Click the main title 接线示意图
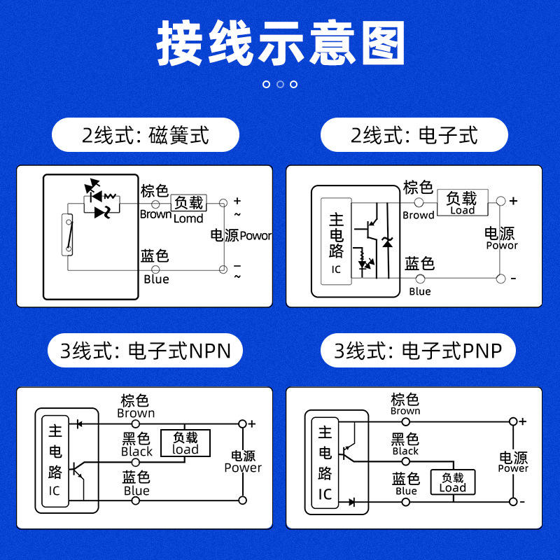pos(280,43)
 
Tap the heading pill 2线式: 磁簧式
pos(146,134)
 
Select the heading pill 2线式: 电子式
pos(414,134)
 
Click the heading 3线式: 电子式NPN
pos(145,350)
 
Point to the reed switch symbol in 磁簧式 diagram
pos(67,234)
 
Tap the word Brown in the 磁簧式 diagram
pos(155,214)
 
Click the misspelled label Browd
pos(419,216)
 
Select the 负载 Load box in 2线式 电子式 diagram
pos(462,202)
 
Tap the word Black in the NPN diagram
pos(136,452)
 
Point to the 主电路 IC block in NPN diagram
pos(55,461)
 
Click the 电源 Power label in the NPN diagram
pos(243,462)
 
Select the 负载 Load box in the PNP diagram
pos(452,482)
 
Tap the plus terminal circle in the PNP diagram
pos(513,421)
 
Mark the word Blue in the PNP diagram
pos(406,491)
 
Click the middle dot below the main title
pos(280,84)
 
